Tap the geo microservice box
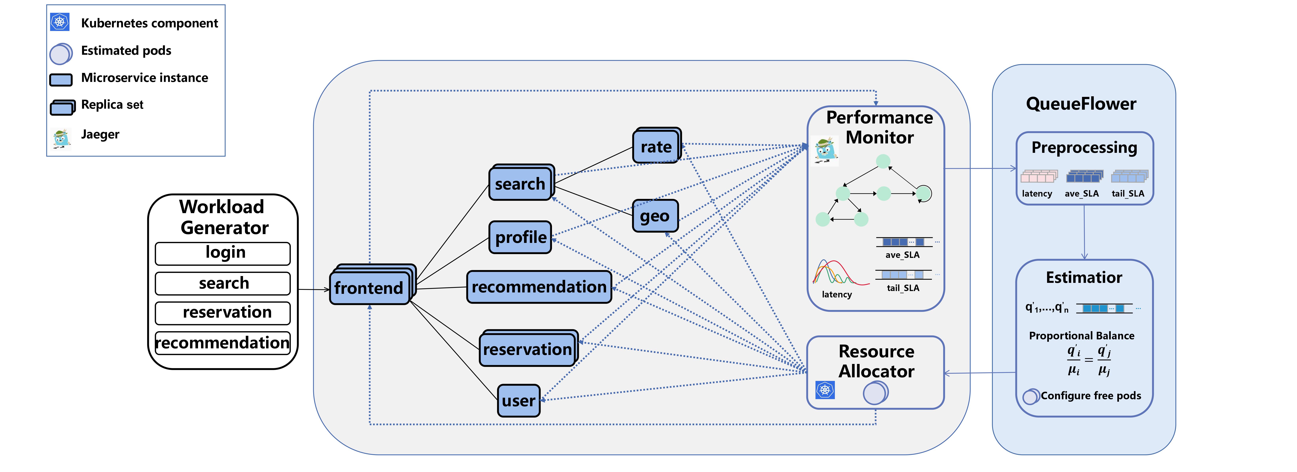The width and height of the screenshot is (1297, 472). pos(655,216)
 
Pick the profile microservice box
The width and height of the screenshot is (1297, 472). pos(520,237)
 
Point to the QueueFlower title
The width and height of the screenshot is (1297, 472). pos(1081,104)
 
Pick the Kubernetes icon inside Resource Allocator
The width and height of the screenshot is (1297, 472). pos(825,390)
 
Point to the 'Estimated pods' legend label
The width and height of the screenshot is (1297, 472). pos(126,51)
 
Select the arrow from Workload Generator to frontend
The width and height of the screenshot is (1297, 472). pos(313,290)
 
